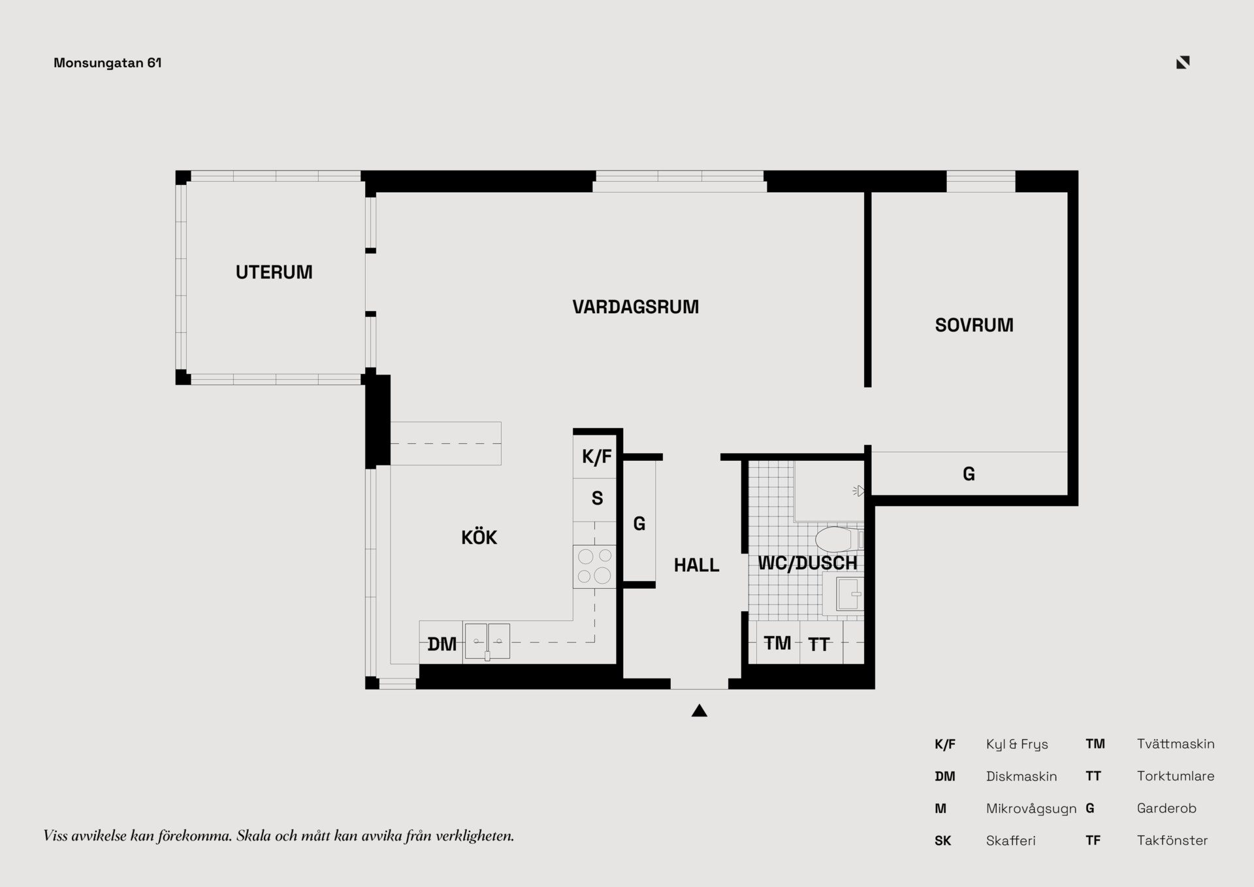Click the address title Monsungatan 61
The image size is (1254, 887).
108,63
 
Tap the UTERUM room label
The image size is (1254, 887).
274,272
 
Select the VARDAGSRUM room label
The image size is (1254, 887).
635,307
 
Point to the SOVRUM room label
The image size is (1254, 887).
974,325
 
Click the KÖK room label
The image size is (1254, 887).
479,537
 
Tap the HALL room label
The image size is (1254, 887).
696,565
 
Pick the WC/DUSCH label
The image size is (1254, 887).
807,563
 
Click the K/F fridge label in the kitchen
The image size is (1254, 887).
596,456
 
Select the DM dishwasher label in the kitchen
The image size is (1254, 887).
442,644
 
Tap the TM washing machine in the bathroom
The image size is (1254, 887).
777,643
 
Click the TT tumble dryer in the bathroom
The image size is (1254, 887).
819,644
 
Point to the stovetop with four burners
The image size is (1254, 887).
594,567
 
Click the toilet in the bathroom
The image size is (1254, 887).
839,539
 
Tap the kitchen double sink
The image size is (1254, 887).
487,641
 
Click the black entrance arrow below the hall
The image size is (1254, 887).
699,711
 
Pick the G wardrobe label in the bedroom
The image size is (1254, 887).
969,474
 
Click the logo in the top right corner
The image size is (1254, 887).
1183,62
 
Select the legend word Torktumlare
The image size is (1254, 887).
1176,776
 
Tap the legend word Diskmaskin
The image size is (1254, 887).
1021,777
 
